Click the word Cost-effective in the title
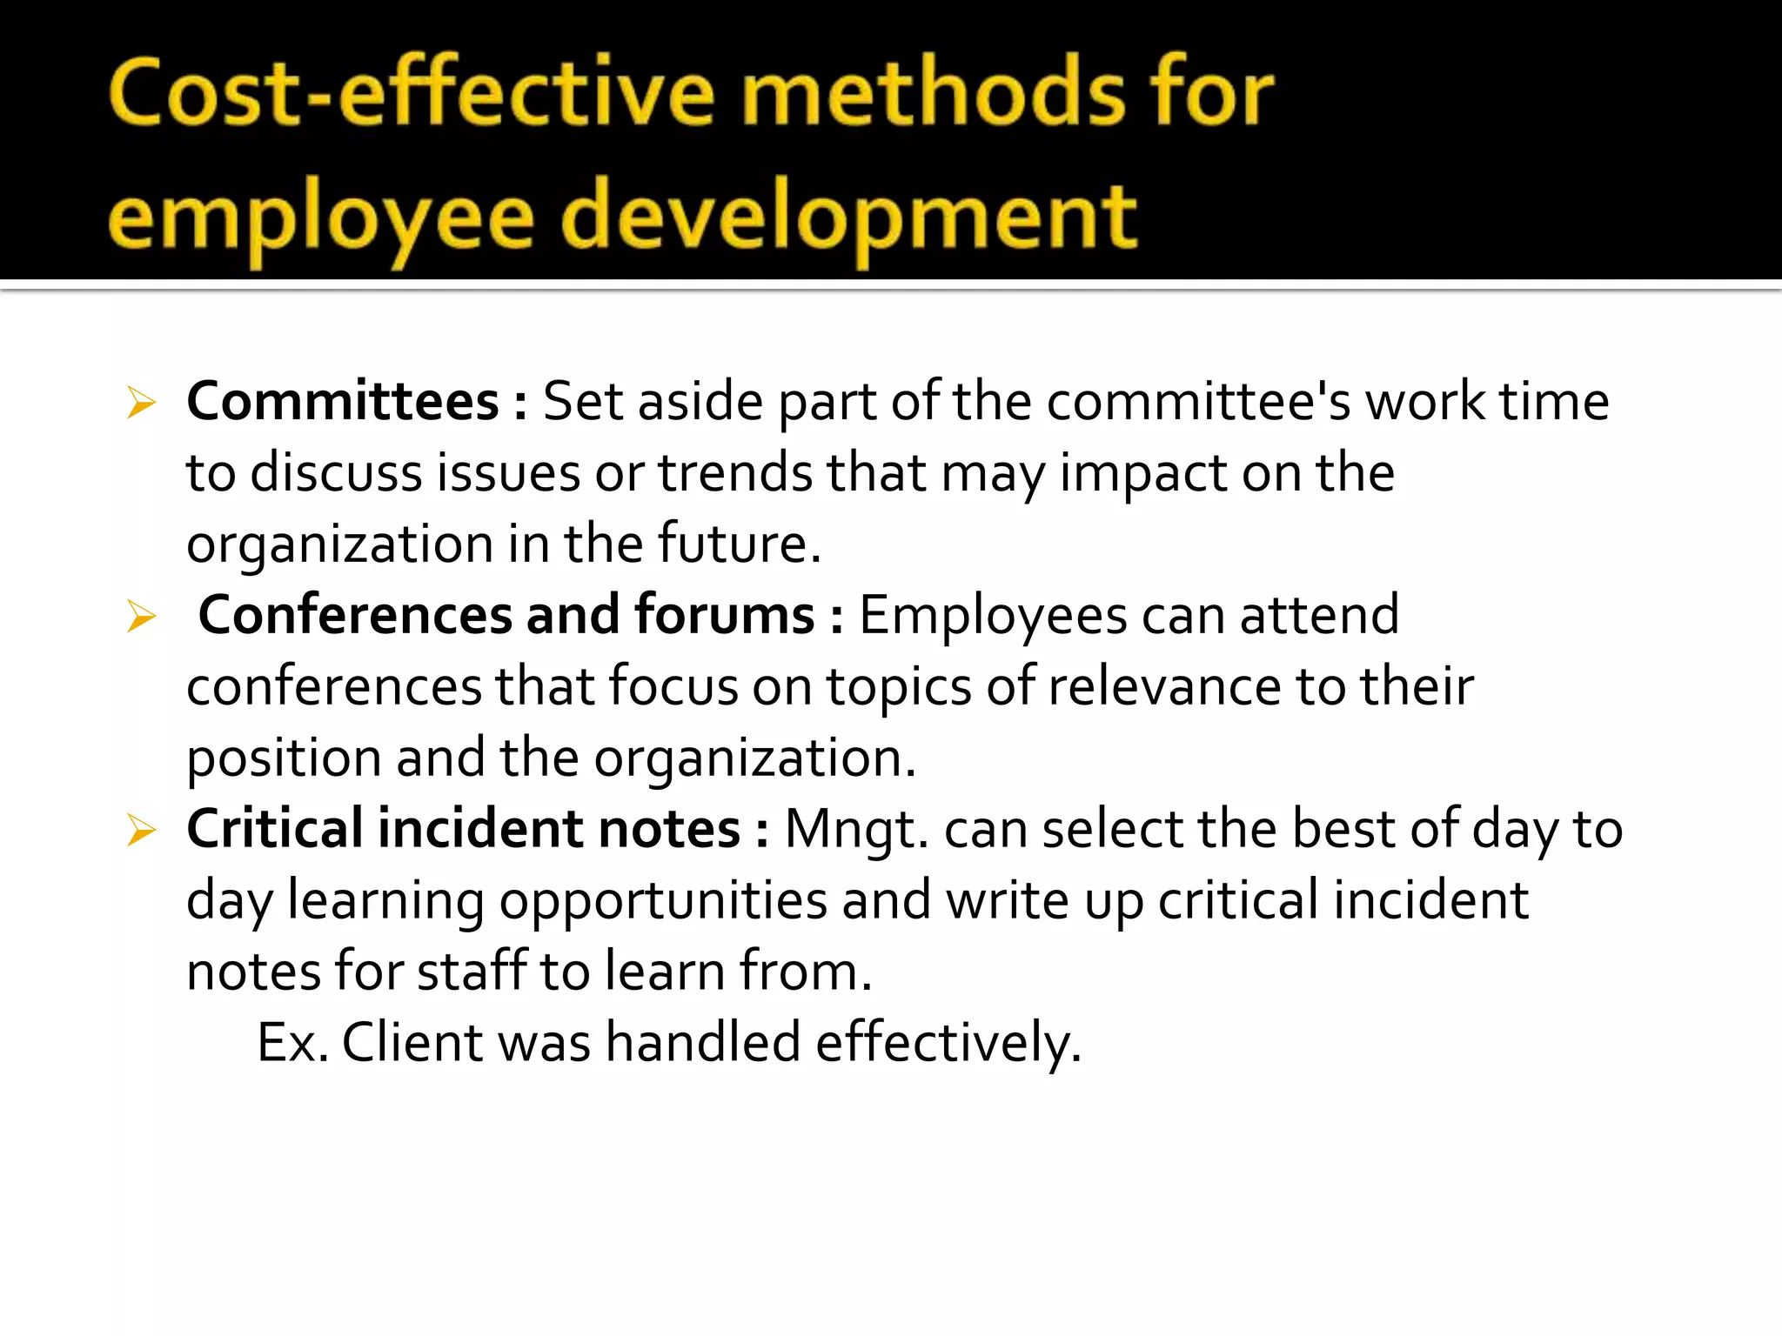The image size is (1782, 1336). click(x=411, y=93)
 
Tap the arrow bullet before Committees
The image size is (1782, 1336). click(x=140, y=403)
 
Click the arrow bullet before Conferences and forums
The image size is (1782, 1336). click(x=140, y=617)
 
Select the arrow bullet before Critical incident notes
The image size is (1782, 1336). click(x=140, y=830)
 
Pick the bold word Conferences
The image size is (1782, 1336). click(x=355, y=615)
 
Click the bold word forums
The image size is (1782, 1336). click(x=724, y=615)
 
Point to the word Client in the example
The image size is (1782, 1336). click(x=412, y=1042)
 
